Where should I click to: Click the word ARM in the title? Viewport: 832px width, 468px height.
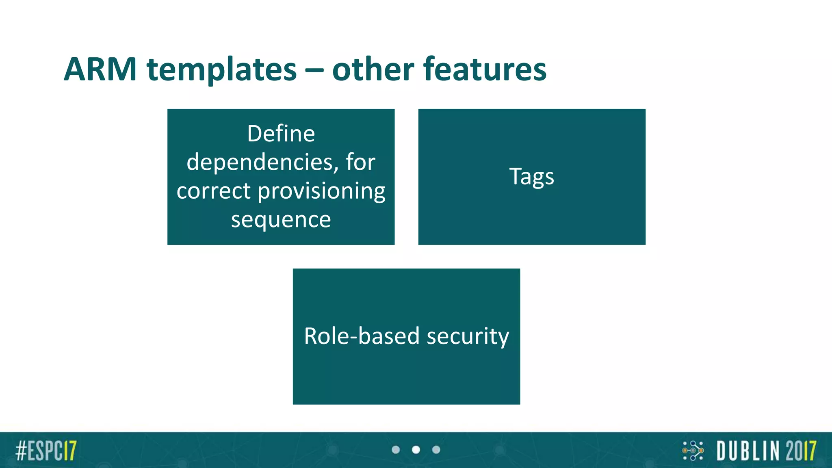coord(100,69)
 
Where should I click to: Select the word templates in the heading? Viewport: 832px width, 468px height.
coord(222,69)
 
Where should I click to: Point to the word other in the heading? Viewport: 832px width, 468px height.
coord(373,69)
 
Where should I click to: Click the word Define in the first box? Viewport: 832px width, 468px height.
coord(281,134)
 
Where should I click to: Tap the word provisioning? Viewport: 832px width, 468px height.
coord(321,191)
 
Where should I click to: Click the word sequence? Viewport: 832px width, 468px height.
coord(281,220)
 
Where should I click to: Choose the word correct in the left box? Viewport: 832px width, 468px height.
coord(213,191)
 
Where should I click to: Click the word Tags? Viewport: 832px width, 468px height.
coord(531,177)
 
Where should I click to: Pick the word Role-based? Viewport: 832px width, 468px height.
coord(362,336)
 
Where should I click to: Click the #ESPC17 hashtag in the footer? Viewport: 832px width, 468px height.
coord(46,450)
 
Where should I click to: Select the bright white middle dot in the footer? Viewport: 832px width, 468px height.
coord(416,450)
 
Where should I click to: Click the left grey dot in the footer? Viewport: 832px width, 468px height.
coord(396,450)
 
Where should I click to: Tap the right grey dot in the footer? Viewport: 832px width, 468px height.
coord(436,450)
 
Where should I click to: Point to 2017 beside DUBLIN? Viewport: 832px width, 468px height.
coord(800,451)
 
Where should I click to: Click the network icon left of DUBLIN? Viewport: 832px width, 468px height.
coord(693,450)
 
